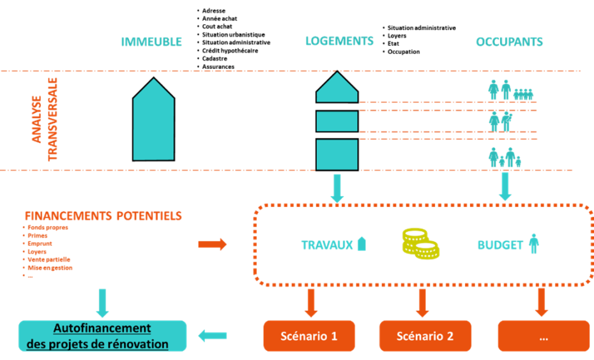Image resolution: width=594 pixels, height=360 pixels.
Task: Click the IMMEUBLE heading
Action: pyautogui.click(x=152, y=42)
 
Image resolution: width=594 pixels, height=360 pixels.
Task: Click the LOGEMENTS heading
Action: pyautogui.click(x=339, y=41)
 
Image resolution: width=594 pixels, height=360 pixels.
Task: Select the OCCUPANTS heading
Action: pyautogui.click(x=509, y=42)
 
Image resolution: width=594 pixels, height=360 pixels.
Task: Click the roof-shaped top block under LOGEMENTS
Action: pyautogui.click(x=337, y=89)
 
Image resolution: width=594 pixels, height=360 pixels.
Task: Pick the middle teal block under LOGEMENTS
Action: pyautogui.click(x=337, y=121)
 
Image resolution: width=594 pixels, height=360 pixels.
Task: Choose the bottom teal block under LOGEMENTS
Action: pyautogui.click(x=337, y=155)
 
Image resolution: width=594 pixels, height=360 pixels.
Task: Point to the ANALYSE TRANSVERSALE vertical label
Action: pyautogui.click(x=44, y=119)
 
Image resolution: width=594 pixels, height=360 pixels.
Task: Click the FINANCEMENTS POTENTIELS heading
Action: pyautogui.click(x=103, y=216)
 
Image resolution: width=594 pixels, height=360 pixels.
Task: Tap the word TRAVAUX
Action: pyautogui.click(x=326, y=245)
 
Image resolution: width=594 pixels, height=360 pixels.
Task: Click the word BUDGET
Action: pyautogui.click(x=500, y=245)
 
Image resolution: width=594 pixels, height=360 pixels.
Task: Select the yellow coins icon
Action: pyautogui.click(x=420, y=244)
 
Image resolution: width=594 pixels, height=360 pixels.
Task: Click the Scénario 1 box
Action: pyautogui.click(x=308, y=336)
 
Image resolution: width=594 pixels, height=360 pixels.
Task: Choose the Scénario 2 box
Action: pyautogui.click(x=425, y=336)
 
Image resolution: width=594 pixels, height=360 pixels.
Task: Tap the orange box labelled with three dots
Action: pyautogui.click(x=544, y=336)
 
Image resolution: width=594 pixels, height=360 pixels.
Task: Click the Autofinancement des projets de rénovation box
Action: pyautogui.click(x=102, y=336)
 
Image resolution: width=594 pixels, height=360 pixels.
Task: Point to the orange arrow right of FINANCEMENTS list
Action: pyautogui.click(x=212, y=244)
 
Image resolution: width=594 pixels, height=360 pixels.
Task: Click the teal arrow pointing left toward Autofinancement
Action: pyautogui.click(x=213, y=336)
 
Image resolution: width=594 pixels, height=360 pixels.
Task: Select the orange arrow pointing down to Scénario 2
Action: pyautogui.click(x=422, y=302)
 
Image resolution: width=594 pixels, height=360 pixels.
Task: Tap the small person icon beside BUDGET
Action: pyautogui.click(x=534, y=244)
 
